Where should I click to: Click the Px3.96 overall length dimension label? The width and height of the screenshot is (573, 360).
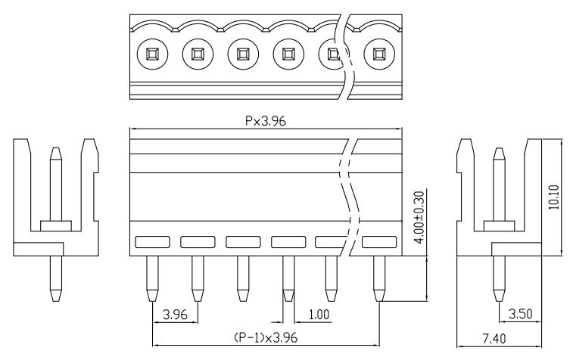[265, 121]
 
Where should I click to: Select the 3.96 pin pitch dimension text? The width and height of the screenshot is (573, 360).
[175, 315]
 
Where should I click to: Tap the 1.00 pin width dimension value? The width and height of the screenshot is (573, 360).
[319, 315]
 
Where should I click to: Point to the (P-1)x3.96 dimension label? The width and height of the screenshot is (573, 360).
[266, 338]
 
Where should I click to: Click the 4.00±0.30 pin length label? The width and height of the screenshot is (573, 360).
[420, 217]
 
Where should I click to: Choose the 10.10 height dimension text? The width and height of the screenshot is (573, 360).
[554, 197]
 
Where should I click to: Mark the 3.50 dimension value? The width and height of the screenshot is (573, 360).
[520, 314]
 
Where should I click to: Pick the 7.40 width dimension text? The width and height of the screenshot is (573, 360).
[494, 339]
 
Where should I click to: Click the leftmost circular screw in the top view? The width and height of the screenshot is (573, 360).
[152, 54]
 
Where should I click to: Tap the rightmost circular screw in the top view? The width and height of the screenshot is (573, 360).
[379, 54]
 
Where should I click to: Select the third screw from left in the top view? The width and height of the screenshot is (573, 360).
[243, 54]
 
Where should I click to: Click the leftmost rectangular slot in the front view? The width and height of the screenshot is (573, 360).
[152, 242]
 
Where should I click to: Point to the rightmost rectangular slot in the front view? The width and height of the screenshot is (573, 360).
[379, 242]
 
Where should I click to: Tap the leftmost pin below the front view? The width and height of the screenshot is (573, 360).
[152, 278]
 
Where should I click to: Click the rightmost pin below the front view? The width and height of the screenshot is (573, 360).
[379, 278]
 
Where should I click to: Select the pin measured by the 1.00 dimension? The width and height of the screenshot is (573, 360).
[288, 278]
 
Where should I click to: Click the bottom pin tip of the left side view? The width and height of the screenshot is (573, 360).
[56, 301]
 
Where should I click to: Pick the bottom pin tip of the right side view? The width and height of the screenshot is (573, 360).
[499, 301]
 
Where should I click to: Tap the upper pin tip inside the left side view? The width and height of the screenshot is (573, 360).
[55, 148]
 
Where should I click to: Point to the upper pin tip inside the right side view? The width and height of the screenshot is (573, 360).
[499, 148]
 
